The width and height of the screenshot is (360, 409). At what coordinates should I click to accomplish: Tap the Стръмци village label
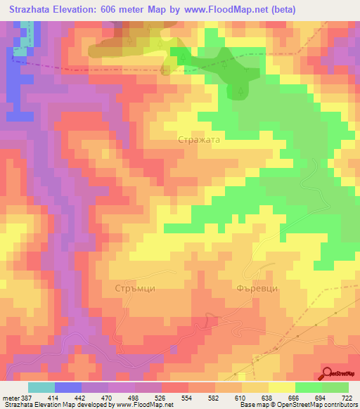134,288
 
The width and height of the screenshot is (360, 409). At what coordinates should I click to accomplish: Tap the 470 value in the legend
108,398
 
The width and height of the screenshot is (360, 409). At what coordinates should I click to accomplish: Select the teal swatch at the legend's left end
41,387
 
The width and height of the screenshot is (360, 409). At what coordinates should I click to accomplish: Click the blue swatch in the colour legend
68,387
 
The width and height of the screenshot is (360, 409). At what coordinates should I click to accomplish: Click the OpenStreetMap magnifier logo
328,374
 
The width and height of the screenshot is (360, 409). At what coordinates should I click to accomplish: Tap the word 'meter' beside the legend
10,398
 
